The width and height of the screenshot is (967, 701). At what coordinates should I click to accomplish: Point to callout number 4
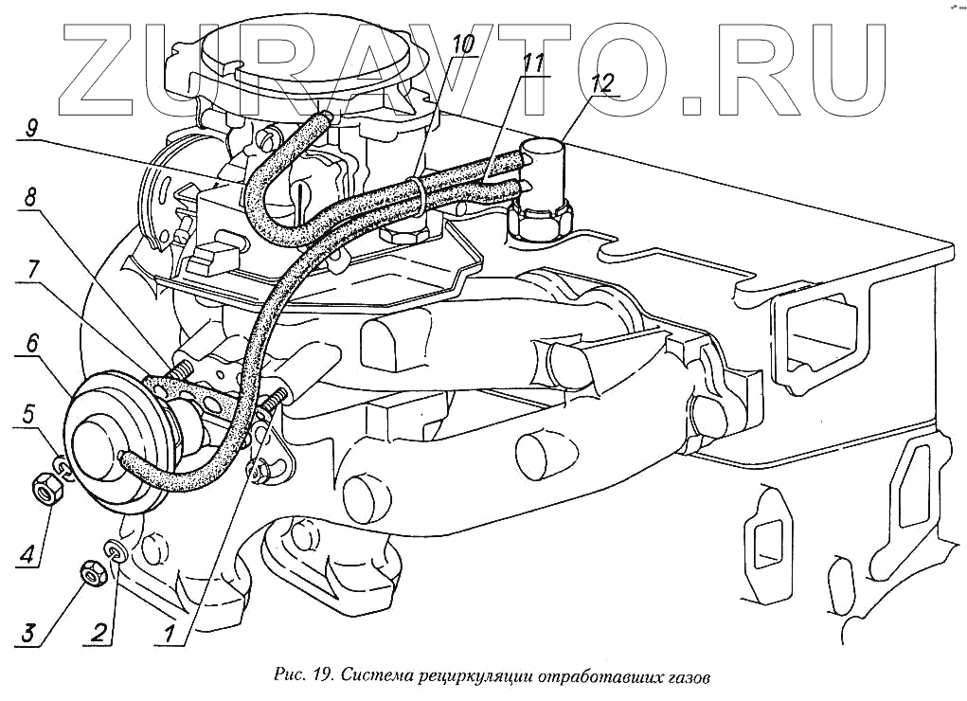tap(27, 551)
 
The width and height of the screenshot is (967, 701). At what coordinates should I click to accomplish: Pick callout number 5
tap(29, 413)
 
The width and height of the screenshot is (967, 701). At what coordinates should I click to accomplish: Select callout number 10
tap(463, 45)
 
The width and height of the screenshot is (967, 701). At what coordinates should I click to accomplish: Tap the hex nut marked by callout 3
tap(92, 573)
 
